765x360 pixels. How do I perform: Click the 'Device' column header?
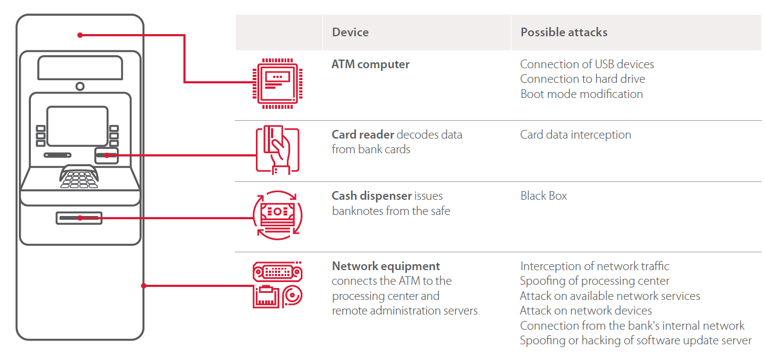(350, 32)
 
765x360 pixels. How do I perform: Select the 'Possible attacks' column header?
(564, 32)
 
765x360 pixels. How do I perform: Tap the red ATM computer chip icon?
(277, 82)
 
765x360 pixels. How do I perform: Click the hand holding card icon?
(277, 150)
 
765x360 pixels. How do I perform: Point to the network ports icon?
(277, 285)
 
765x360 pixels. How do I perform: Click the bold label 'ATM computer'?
(370, 64)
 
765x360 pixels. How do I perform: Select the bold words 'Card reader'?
(362, 135)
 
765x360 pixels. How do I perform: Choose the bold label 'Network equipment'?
(386, 266)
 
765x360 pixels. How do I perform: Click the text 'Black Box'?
(543, 196)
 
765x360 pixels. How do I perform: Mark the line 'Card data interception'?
(575, 135)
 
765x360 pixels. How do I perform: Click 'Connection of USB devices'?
(586, 64)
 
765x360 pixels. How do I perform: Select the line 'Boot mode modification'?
(581, 94)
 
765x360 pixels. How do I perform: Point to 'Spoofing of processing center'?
(594, 281)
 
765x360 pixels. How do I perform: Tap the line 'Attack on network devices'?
(585, 311)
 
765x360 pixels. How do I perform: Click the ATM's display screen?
(77, 126)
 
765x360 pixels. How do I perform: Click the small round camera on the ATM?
(80, 86)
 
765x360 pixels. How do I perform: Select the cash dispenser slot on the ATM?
(79, 218)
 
